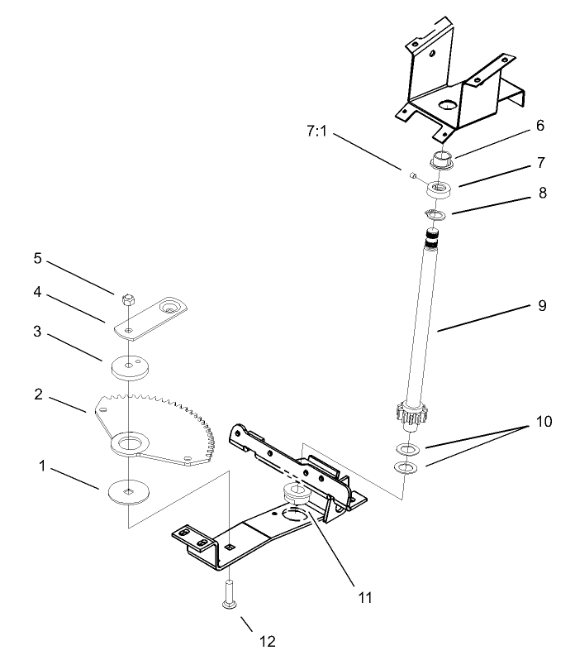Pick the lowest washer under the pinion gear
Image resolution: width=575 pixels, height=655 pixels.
coord(406,469)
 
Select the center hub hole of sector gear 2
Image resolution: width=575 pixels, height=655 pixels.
coord(130,445)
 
